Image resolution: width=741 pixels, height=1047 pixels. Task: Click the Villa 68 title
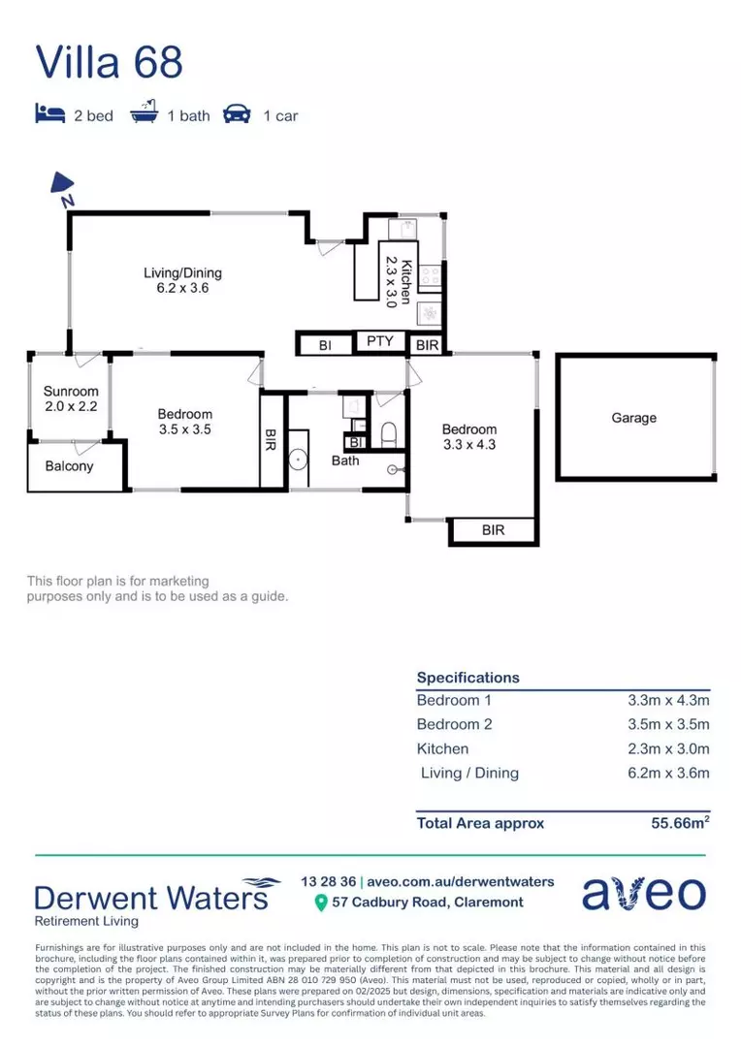pos(109,61)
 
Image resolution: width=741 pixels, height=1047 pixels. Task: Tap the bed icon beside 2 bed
pos(48,115)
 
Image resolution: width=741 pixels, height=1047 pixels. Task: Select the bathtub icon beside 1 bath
pos(144,114)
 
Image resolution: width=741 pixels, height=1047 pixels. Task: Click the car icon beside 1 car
pos(237,115)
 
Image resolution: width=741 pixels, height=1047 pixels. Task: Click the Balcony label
pos(70,466)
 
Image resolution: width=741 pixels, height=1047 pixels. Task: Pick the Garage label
pos(633,418)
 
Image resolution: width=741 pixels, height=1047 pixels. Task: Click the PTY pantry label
pos(379,341)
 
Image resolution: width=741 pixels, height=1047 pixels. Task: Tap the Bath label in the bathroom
pos(345,460)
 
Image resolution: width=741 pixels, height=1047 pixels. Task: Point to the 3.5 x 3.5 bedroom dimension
pos(184,428)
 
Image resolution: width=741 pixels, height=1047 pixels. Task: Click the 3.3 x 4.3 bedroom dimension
pos(468,444)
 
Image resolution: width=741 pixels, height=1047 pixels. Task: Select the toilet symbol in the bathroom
pos(389,435)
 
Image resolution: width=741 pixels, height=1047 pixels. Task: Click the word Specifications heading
pos(467,678)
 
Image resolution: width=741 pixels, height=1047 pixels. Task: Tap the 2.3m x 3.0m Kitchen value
pos(668,748)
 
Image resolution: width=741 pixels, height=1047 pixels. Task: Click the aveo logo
pos(643,893)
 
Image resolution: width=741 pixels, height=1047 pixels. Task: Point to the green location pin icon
pos(321,903)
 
